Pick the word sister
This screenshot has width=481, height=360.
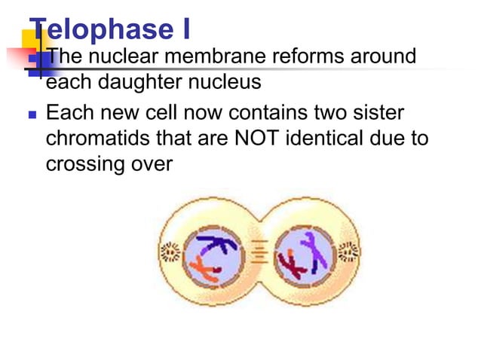[x=376, y=114]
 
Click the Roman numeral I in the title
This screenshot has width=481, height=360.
[x=185, y=29]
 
